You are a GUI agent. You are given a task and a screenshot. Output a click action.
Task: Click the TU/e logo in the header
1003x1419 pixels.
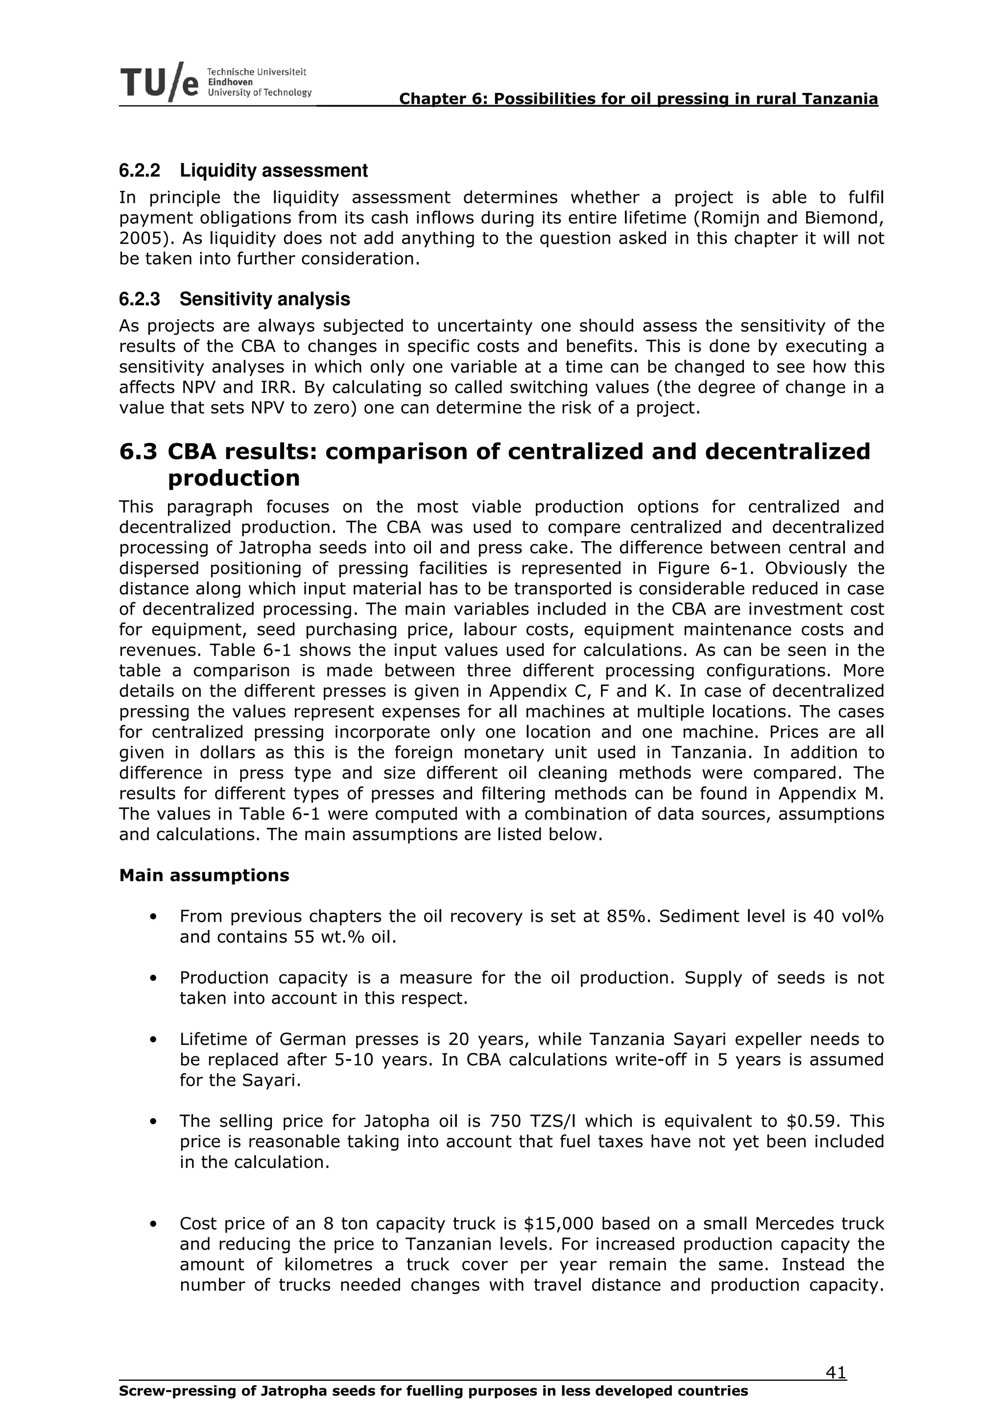coord(160,83)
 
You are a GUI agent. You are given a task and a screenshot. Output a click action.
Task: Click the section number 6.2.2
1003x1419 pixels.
coord(139,170)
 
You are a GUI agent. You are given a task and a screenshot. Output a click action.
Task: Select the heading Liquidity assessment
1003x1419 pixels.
coord(274,170)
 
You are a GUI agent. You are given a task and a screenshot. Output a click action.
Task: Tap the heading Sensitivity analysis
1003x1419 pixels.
coord(264,300)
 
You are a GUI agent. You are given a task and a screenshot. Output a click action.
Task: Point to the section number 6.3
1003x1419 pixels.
coord(138,452)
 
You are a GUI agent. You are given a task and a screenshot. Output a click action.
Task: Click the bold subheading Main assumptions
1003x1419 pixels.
coord(204,876)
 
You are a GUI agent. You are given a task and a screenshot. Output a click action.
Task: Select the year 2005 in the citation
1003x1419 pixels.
coord(140,238)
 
